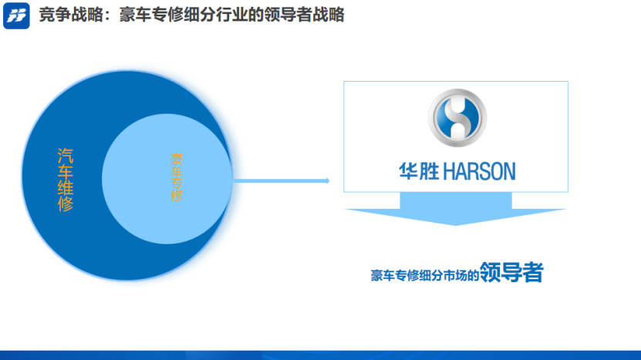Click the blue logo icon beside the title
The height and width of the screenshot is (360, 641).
pos(16,15)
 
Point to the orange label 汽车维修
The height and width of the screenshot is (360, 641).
pos(66,180)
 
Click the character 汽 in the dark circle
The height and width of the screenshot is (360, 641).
pos(66,155)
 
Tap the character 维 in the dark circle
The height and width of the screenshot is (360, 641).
pos(66,188)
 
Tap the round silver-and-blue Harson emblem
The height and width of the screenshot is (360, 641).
pos(457,117)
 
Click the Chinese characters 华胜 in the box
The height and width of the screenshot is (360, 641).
pos(420,170)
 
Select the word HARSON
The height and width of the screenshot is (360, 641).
pos(479,170)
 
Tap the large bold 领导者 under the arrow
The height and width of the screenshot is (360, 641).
pos(511,272)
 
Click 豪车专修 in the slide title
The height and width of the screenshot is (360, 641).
pos(143,15)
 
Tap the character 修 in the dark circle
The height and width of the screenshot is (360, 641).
pos(66,204)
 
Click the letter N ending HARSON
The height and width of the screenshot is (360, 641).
pos(508,170)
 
